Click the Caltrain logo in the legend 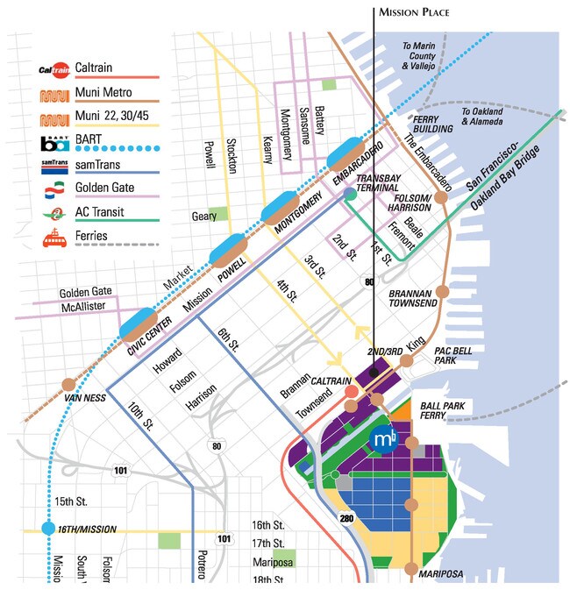[x=54, y=68]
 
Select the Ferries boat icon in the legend [x=54, y=235]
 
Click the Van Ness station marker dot [x=68, y=384]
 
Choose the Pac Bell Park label [x=456, y=355]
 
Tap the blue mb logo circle [x=383, y=438]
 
